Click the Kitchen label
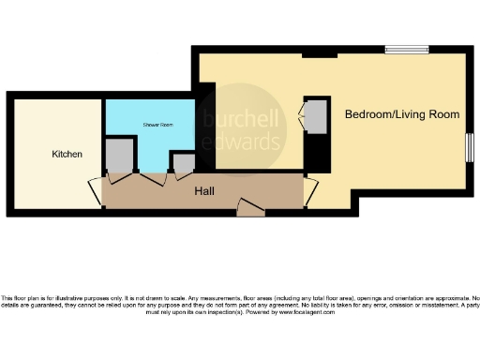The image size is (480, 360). [67, 154]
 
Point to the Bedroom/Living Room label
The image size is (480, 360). [402, 114]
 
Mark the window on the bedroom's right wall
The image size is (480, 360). [468, 147]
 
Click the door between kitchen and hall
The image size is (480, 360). [95, 192]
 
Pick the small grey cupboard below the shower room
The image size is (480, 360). [182, 163]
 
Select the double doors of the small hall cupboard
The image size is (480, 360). [182, 175]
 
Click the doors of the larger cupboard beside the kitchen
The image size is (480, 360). [121, 175]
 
